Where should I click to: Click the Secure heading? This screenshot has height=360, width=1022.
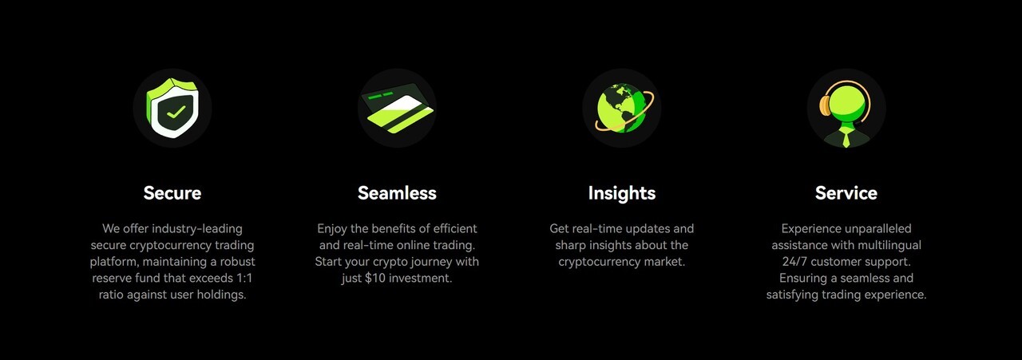(172, 193)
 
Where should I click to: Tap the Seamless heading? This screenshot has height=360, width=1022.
(397, 193)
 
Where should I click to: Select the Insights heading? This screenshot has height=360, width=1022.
(621, 193)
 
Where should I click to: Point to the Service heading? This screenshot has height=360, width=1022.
(846, 193)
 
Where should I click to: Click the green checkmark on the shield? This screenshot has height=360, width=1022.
(176, 112)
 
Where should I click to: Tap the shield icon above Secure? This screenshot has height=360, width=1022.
(172, 108)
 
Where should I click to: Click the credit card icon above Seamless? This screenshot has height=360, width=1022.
(397, 108)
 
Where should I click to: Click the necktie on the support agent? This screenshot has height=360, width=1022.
(846, 138)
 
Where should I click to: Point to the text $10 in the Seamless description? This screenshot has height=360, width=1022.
(375, 278)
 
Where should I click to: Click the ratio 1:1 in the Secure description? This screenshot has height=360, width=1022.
(244, 278)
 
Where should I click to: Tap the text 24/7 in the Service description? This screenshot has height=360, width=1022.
(794, 262)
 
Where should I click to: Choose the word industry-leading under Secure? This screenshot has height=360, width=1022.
(197, 228)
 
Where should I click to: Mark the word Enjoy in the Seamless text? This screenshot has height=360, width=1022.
(332, 229)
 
